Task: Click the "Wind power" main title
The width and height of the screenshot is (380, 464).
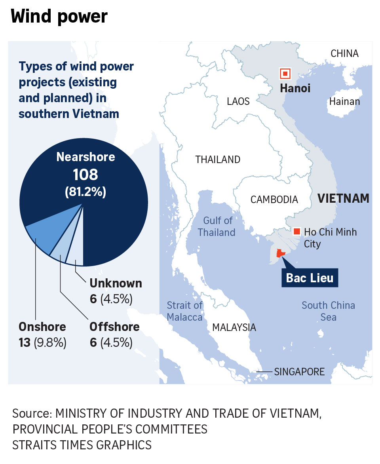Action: click(59, 17)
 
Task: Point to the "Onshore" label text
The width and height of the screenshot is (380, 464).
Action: click(42, 327)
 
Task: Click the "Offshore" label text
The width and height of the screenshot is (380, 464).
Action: click(114, 327)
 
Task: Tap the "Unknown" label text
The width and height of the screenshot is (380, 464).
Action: click(116, 283)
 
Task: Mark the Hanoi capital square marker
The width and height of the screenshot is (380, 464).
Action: click(285, 74)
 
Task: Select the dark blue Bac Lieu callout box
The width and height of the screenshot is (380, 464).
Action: click(310, 278)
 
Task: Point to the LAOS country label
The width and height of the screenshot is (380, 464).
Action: click(238, 102)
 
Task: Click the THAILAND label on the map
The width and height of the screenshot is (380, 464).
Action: click(218, 160)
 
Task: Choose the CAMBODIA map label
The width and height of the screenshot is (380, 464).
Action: click(274, 200)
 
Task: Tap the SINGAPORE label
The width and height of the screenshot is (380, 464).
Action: click(299, 372)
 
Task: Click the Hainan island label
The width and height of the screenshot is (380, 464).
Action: click(344, 102)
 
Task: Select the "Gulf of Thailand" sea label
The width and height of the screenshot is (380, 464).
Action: click(217, 226)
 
